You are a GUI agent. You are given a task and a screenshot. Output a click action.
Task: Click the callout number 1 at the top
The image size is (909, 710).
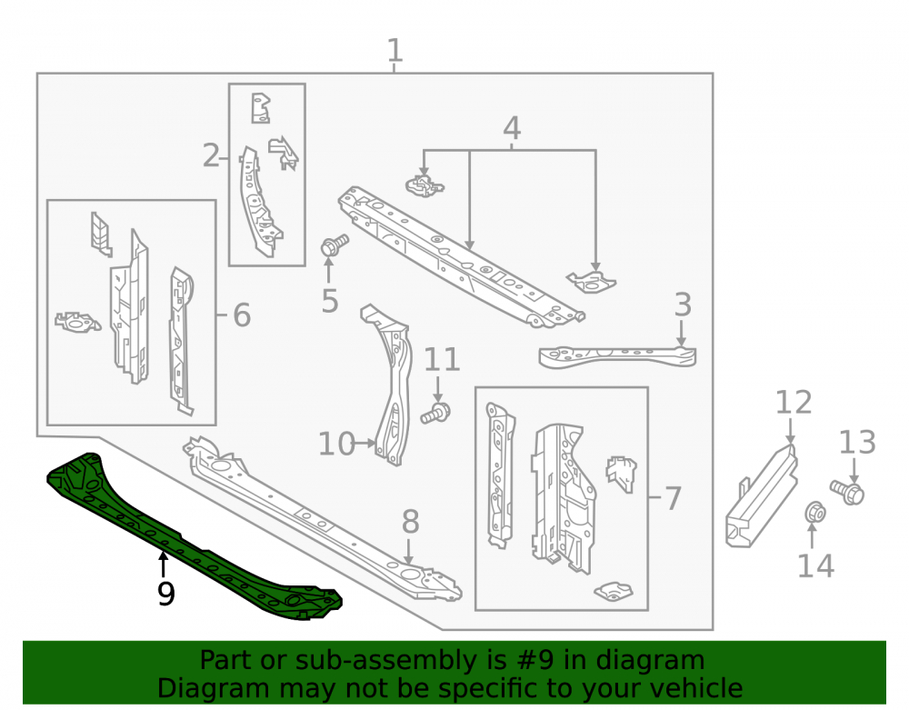click(395, 50)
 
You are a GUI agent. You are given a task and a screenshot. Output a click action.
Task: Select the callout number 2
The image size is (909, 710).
click(211, 155)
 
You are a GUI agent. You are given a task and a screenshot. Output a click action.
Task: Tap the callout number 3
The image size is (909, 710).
click(683, 305)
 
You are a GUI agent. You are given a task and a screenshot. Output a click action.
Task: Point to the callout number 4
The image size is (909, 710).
click(511, 129)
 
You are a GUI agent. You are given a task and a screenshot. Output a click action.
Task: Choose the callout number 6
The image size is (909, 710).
click(242, 315)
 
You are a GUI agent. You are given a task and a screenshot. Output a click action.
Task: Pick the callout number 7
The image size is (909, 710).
click(673, 498)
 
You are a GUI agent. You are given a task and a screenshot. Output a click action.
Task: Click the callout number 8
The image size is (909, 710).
click(411, 522)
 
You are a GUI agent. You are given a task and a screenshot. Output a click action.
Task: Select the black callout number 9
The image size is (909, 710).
click(165, 594)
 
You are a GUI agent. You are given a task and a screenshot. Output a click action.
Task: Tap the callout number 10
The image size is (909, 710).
click(336, 444)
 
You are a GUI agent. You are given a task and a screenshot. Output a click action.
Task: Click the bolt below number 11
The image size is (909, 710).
click(436, 414)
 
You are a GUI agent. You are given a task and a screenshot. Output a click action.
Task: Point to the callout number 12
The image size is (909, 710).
click(794, 402)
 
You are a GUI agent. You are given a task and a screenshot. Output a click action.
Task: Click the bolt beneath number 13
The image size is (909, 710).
click(847, 492)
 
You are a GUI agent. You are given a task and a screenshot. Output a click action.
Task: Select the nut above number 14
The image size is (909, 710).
click(815, 512)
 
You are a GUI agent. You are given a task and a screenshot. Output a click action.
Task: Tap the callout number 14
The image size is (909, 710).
click(815, 565)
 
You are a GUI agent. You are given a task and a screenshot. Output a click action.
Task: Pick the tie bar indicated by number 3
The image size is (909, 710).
click(617, 355)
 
